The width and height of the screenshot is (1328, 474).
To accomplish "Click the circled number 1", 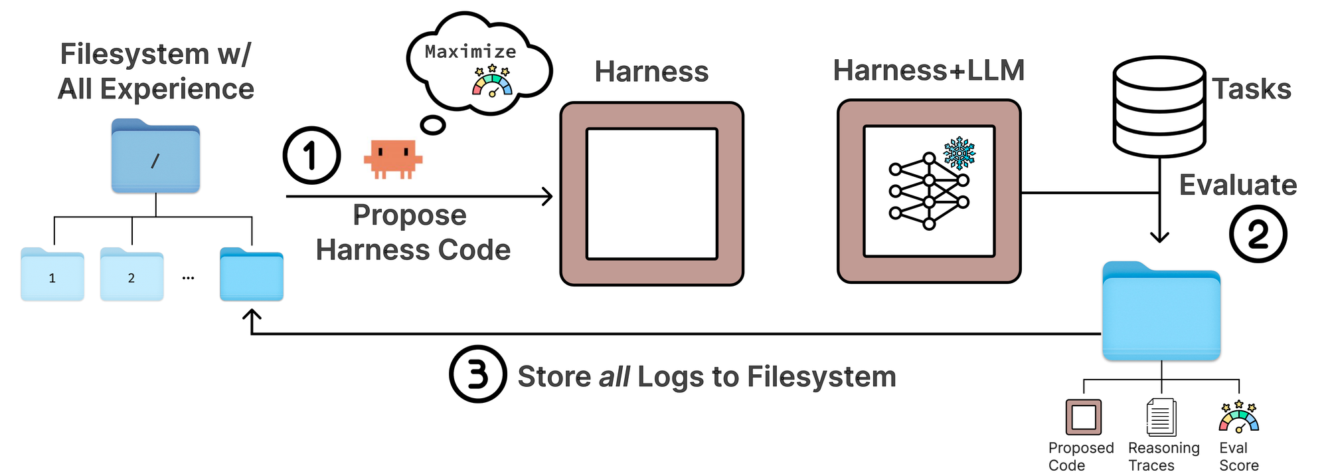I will [x=311, y=156].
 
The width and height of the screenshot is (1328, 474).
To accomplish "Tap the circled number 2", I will [x=1258, y=234].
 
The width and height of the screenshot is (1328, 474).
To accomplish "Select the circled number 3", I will [x=477, y=374].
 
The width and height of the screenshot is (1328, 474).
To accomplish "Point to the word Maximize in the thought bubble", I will [x=470, y=52].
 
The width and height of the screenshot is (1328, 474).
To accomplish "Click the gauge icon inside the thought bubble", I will [x=492, y=82].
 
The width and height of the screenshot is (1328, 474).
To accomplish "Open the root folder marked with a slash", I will [x=155, y=157].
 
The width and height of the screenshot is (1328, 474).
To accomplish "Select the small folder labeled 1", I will [x=52, y=275].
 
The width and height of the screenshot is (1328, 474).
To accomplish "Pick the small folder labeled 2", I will [x=131, y=275].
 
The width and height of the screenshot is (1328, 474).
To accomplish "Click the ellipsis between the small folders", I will [x=188, y=278].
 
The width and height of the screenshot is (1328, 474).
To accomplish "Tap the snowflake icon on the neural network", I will [x=959, y=154].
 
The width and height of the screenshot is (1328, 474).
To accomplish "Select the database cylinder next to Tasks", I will [x=1159, y=106].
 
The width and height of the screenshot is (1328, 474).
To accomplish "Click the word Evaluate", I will [x=1238, y=185].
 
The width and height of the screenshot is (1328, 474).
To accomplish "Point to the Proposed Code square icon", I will [x=1084, y=417].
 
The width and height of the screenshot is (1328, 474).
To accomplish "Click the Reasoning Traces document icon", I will [x=1161, y=417].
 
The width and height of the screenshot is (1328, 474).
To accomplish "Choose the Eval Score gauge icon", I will [x=1238, y=417].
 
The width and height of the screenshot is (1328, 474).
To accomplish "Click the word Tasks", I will [x=1252, y=89].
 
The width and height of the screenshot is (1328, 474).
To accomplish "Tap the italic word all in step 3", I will [x=614, y=377].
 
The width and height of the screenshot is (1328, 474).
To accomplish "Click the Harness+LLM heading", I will [x=928, y=70].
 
